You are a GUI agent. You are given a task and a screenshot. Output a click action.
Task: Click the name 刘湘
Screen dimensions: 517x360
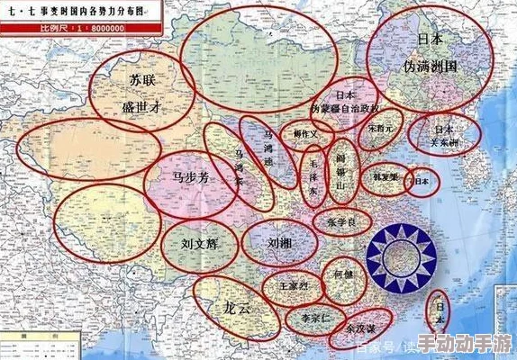(x=279, y=243)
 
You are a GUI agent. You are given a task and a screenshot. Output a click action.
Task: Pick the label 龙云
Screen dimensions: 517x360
(x=236, y=307)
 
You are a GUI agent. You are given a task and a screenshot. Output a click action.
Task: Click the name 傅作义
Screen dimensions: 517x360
(x=307, y=134)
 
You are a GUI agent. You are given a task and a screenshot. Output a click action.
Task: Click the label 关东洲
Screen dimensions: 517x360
(x=441, y=143)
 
